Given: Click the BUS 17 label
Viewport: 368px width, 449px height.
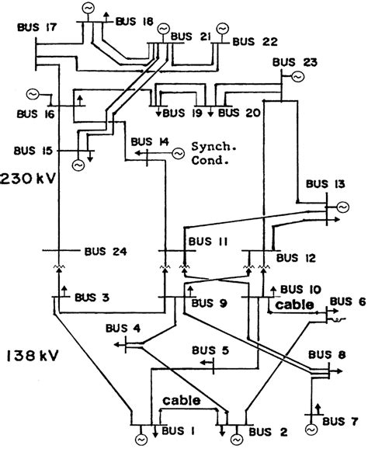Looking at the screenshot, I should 37,28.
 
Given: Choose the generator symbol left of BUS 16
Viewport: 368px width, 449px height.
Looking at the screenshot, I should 34,93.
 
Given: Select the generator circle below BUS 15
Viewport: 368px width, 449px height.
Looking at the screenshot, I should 78,165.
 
